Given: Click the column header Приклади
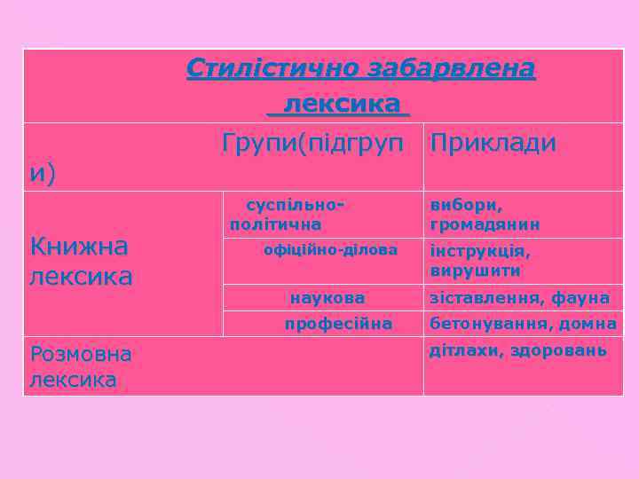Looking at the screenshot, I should point(493,144).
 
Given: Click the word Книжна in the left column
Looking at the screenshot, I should point(79,245).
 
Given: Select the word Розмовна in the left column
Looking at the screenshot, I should point(81,355).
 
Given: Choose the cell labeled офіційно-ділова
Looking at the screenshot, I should point(330,249).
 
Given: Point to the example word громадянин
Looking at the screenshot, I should point(485,224).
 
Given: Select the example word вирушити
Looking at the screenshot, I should point(475,270).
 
